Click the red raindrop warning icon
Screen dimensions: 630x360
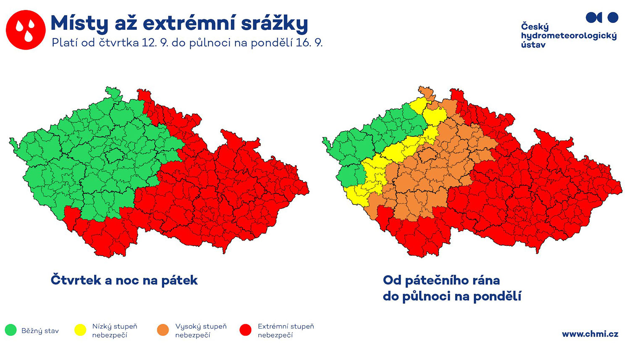(x=26, y=30)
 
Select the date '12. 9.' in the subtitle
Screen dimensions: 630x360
(x=155, y=43)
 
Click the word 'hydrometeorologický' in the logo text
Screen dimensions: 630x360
(x=569, y=36)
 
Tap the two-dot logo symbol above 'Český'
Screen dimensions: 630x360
(x=602, y=18)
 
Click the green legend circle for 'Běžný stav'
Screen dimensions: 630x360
(x=10, y=330)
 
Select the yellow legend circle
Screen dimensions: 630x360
(x=80, y=330)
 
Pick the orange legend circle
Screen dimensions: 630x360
(x=163, y=330)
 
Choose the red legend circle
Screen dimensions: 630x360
(x=246, y=330)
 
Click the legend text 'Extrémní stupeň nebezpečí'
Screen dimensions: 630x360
(x=286, y=331)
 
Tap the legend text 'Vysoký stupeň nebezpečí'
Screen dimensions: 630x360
(x=201, y=331)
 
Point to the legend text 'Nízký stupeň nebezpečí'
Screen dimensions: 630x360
(x=115, y=331)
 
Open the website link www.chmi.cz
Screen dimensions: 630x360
(x=590, y=334)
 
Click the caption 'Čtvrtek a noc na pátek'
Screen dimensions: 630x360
(x=124, y=281)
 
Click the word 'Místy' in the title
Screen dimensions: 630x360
(x=79, y=24)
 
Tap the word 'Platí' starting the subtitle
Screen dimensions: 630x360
(x=65, y=43)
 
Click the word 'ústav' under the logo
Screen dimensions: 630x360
(x=533, y=45)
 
